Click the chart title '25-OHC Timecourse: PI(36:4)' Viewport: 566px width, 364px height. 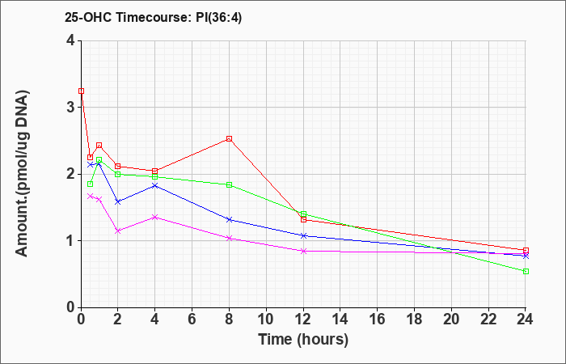(x=153, y=17)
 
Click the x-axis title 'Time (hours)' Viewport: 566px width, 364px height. (x=303, y=340)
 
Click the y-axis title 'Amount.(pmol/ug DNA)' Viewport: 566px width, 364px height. (x=23, y=174)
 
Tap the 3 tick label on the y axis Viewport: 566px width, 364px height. (x=70, y=108)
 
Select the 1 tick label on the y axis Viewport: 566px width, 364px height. (x=70, y=241)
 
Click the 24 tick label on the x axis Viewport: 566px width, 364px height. (x=525, y=320)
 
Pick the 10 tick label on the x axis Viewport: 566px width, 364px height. (x=266, y=320)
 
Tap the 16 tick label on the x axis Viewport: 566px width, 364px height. (x=377, y=320)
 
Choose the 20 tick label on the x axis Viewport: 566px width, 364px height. (x=451, y=320)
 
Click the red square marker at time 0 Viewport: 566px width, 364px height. (x=81, y=91)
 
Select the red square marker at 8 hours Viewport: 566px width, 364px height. (x=229, y=138)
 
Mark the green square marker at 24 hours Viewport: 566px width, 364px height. (x=526, y=271)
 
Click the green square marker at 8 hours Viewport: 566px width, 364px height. (x=229, y=185)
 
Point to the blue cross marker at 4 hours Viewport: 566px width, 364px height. (x=155, y=185)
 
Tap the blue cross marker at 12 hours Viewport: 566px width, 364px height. (x=303, y=236)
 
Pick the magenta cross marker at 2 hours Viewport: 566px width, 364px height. (x=117, y=231)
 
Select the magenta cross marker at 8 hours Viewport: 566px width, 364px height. (x=229, y=239)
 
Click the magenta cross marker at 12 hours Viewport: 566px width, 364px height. (x=303, y=251)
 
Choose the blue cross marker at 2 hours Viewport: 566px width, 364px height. (x=117, y=202)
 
